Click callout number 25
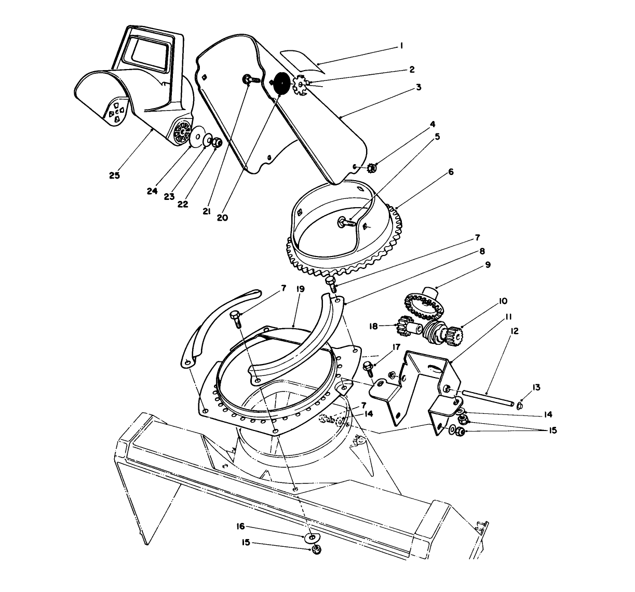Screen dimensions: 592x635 tap(114, 176)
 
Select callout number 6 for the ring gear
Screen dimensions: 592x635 tap(451, 172)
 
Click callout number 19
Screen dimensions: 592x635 tap(300, 289)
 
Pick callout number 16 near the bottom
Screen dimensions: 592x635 tap(241, 526)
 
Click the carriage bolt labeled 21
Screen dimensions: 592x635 tap(249, 80)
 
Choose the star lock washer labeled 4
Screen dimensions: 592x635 tap(371, 168)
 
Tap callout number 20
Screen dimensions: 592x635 tap(222, 218)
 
